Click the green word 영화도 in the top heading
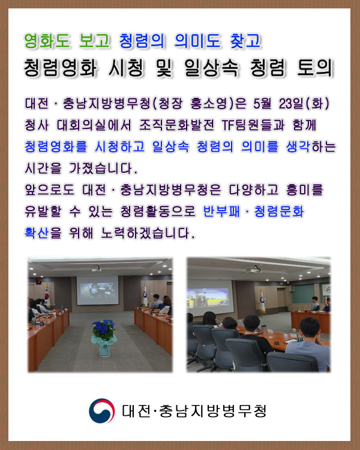pyautogui.click(x=47, y=41)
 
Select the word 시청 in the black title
pyautogui.click(x=127, y=68)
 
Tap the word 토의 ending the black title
pyautogui.click(x=314, y=68)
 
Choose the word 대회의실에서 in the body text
pyautogui.click(x=94, y=125)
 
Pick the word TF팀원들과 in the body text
pyautogui.click(x=253, y=125)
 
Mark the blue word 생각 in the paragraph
pyautogui.click(x=298, y=146)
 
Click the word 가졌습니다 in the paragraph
pyautogui.click(x=103, y=168)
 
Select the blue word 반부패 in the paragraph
pyautogui.click(x=221, y=212)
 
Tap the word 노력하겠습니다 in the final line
pyautogui.click(x=148, y=233)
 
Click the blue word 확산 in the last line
pyautogui.click(x=37, y=233)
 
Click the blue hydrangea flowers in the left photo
pyautogui.click(x=103, y=328)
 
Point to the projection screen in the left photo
pyautogui.click(x=97, y=290)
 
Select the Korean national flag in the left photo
pyautogui.click(x=47, y=296)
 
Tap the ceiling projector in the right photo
pyautogui.click(x=254, y=269)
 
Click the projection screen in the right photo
pyautogui.click(x=210, y=298)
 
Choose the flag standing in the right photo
pyautogui.click(x=262, y=301)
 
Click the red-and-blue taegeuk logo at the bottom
pyautogui.click(x=102, y=410)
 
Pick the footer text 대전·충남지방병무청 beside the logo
pyautogui.click(x=194, y=411)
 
